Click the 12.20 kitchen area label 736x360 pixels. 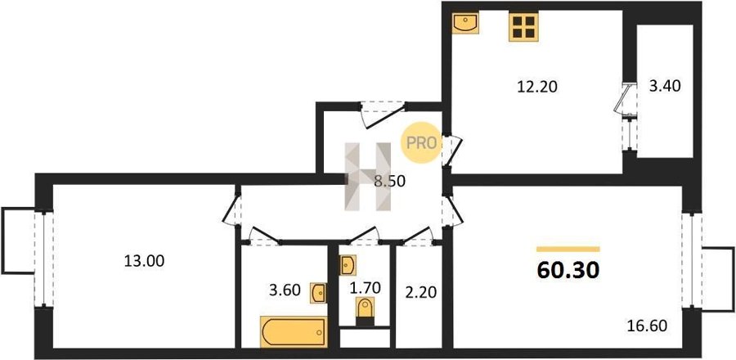click(x=537, y=87)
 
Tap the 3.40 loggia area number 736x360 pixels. click(x=665, y=86)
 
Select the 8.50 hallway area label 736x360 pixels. click(x=389, y=181)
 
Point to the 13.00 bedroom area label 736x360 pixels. click(x=144, y=261)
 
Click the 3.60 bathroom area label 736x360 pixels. click(x=284, y=290)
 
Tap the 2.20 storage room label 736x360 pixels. click(x=420, y=292)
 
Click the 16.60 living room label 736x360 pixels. click(x=647, y=326)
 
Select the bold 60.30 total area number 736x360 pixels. click(x=568, y=270)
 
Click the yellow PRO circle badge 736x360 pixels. click(x=421, y=142)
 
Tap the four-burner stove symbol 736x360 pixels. click(x=523, y=27)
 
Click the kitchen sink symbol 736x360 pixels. click(x=465, y=23)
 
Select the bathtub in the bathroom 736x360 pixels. click(x=294, y=332)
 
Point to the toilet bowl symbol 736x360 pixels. click(x=365, y=311)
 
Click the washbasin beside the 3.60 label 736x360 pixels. click(x=318, y=293)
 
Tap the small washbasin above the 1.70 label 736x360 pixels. click(x=348, y=266)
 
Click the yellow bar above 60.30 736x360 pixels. click(x=568, y=250)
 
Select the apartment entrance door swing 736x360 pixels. click(x=383, y=114)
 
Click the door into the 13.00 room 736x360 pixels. click(x=231, y=210)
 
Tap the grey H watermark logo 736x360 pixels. click(x=368, y=177)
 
